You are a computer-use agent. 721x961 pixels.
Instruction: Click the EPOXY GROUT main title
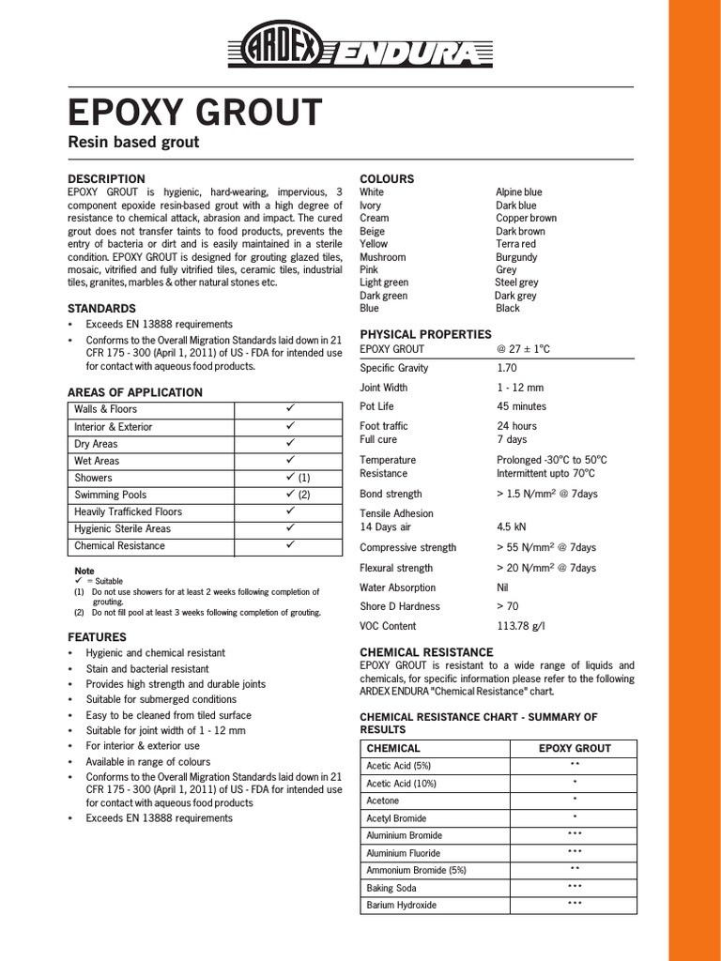[194, 113]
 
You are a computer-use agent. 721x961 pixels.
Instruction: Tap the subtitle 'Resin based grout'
[133, 143]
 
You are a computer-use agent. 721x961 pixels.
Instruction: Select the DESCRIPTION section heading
[106, 178]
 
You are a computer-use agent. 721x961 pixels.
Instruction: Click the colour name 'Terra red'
[516, 244]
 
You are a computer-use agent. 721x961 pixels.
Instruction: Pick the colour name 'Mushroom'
[383, 257]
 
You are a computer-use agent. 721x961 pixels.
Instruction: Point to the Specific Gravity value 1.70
[507, 368]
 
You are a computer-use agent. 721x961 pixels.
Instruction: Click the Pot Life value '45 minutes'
[521, 406]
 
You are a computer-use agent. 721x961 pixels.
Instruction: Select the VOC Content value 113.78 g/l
[522, 626]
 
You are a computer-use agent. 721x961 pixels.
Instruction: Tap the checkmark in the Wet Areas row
[290, 460]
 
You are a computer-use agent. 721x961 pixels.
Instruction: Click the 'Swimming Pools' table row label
[111, 495]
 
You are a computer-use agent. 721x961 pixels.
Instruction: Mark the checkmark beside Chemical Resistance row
[290, 544]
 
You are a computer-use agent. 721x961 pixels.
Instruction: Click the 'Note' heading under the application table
[84, 571]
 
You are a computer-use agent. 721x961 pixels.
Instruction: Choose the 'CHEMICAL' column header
[393, 748]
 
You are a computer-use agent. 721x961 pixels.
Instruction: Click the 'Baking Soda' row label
[393, 888]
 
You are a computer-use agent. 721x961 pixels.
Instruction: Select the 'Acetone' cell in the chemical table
[383, 801]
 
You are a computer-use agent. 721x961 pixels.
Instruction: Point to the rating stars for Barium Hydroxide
[575, 904]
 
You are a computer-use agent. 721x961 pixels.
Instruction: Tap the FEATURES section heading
[97, 636]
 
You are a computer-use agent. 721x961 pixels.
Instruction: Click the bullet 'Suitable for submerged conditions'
[161, 699]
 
